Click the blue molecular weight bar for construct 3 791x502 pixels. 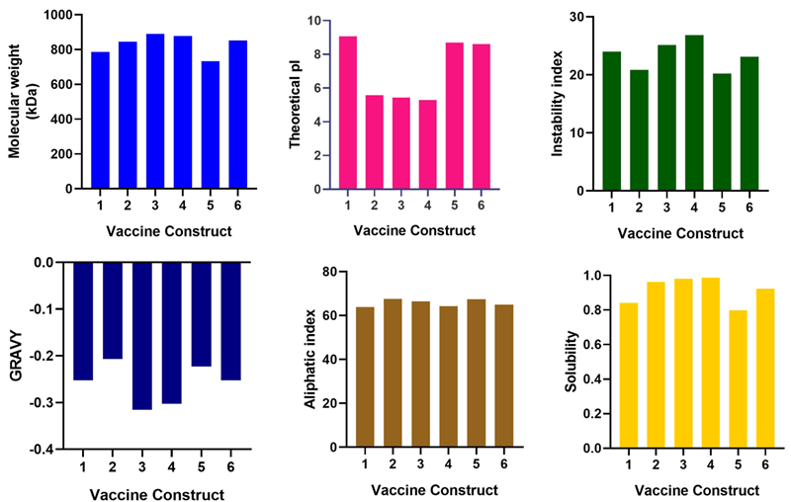[155, 111]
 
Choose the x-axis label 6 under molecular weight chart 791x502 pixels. [238, 205]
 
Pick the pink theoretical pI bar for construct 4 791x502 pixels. [428, 144]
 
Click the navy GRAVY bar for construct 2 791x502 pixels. [113, 310]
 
